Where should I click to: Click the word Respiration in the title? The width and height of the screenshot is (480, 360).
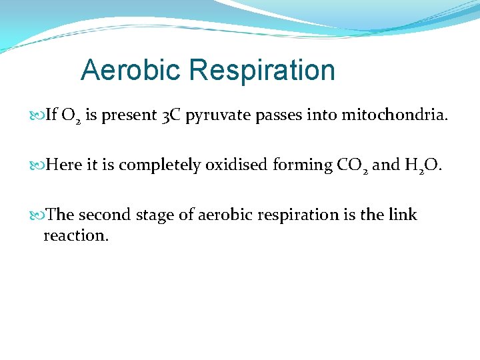pos(262,70)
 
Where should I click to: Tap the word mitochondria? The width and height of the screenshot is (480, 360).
pos(395,116)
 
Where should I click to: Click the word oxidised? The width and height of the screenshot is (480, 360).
pos(237,165)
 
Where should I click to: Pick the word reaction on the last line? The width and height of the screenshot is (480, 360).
pos(75,236)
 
